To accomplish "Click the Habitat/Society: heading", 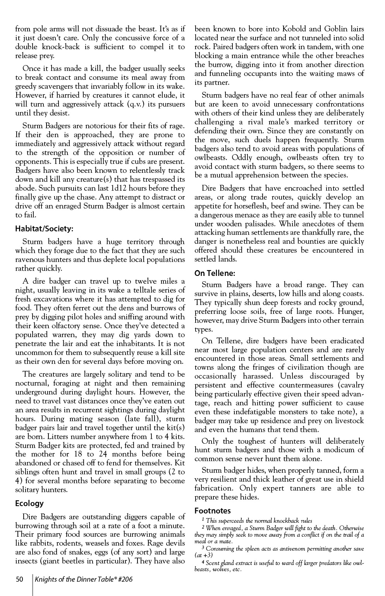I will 44,229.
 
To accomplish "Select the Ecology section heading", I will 29,503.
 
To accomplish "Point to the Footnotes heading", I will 213,511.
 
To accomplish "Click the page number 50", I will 19,580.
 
